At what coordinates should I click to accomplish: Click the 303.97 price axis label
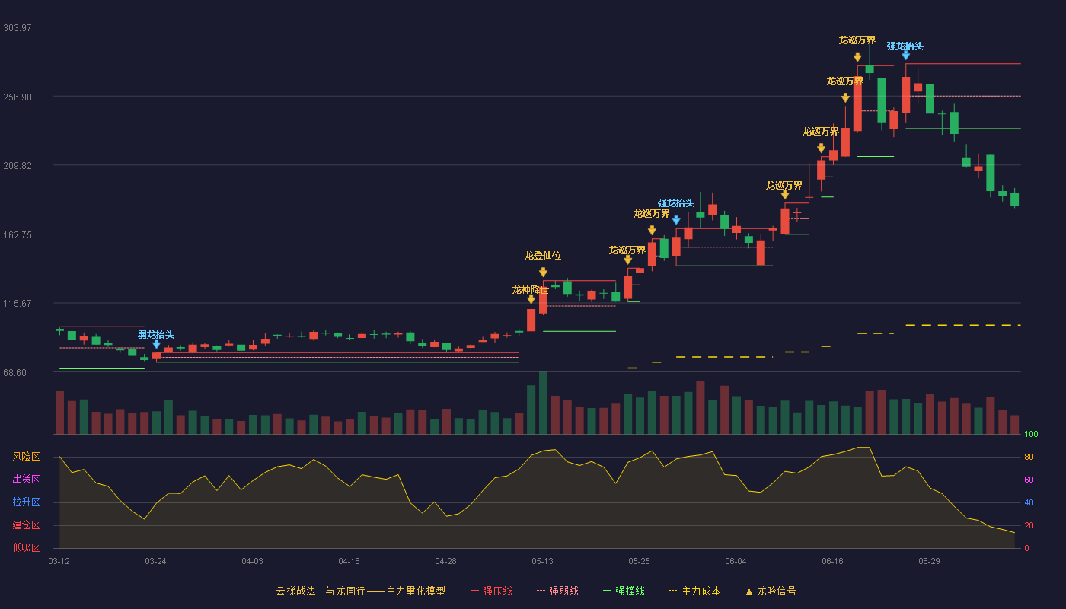17,28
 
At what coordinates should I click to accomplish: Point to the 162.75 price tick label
17,235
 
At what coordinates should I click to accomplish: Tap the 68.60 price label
14,373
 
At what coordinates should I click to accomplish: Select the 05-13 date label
542,562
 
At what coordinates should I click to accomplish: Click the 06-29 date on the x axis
929,562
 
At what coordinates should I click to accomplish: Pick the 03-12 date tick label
59,562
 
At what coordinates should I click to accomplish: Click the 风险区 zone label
26,457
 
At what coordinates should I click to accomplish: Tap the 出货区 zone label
26,479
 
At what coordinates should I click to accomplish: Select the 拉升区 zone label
26,502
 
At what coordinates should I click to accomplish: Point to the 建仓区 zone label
26,525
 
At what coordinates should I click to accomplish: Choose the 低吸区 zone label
26,547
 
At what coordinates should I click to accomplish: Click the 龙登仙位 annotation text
542,256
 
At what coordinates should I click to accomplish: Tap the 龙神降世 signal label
530,290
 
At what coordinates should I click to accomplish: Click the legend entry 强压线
491,591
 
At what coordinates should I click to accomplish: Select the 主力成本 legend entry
694,591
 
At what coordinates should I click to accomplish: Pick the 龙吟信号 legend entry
771,591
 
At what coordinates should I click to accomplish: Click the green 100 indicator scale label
1031,434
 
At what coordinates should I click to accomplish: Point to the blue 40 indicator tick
1029,502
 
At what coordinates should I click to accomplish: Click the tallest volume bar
543,403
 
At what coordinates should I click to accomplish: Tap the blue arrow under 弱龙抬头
156,344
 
